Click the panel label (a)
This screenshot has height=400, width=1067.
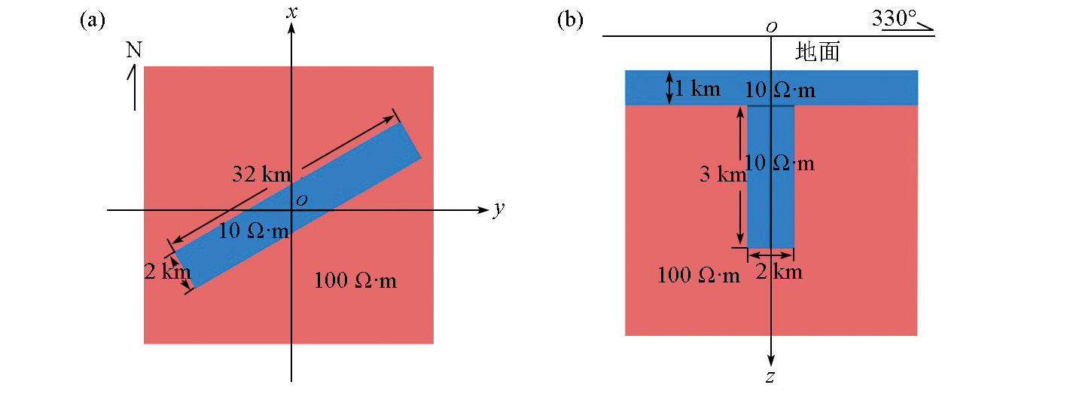coord(92,20)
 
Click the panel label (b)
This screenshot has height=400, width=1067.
coord(570,20)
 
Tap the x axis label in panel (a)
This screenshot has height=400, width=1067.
coord(292,11)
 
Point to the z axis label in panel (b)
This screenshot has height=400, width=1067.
coord(770,376)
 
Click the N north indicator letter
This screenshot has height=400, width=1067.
coord(133,50)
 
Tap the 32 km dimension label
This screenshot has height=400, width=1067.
coord(261,175)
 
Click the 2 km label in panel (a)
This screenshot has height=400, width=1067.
coord(166,271)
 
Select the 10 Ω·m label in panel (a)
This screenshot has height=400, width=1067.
coord(253,231)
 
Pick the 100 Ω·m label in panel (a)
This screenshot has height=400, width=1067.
coord(355,281)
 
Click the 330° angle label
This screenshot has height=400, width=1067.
coord(895,17)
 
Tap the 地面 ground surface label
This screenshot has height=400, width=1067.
coord(817,51)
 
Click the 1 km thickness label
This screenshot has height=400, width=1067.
coord(697,89)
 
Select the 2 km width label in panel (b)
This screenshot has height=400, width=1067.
coord(779,271)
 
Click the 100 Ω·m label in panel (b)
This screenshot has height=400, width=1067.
coord(698,275)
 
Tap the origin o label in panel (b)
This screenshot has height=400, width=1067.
coord(771,28)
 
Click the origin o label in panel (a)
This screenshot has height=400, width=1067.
coord(301,200)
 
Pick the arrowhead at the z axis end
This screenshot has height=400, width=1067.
coord(771,361)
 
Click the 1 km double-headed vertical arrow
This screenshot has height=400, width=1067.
coord(669,87)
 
